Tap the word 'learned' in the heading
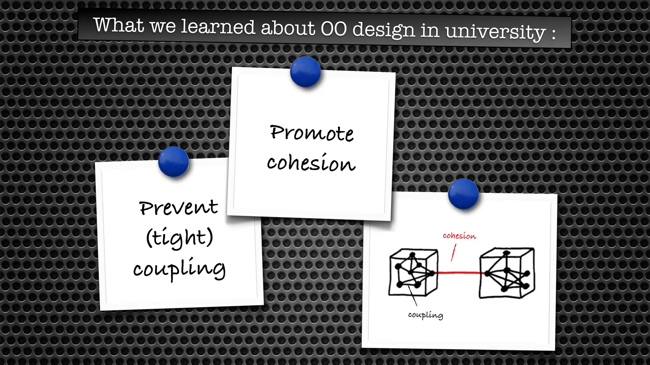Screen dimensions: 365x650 pyautogui.click(x=218, y=27)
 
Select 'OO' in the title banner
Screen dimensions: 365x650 pyautogui.click(x=334, y=29)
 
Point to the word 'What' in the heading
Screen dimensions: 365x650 pyautogui.click(x=119, y=25)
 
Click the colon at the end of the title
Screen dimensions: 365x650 pyautogui.click(x=554, y=34)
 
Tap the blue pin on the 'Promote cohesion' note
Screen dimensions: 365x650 pyautogui.click(x=305, y=72)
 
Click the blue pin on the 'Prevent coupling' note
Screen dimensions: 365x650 pyautogui.click(x=173, y=162)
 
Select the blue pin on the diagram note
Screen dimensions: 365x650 pyautogui.click(x=463, y=194)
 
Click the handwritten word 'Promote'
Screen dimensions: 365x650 pyautogui.click(x=311, y=133)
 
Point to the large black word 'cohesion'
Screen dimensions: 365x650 pyautogui.click(x=311, y=163)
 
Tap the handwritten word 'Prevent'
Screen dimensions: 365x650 pyautogui.click(x=178, y=208)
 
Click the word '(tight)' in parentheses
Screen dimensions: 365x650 pyautogui.click(x=179, y=238)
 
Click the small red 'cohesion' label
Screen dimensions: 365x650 pyautogui.click(x=459, y=236)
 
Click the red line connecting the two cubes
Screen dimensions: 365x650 pyautogui.click(x=459, y=272)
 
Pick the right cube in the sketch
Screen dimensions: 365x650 pyautogui.click(x=507, y=273)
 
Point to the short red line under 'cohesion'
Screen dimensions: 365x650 pyautogui.click(x=454, y=253)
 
